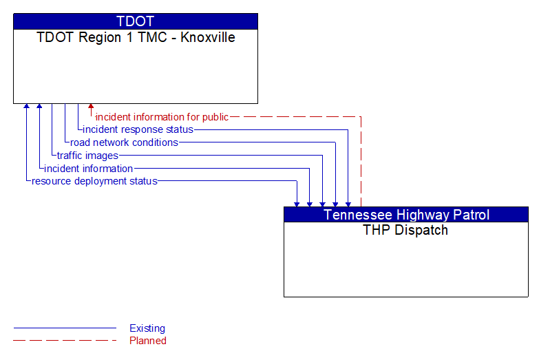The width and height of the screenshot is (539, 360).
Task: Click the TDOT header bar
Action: click(x=136, y=21)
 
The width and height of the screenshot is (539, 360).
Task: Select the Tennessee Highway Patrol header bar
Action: click(x=406, y=215)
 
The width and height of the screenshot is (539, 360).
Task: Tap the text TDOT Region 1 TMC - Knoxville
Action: click(x=136, y=37)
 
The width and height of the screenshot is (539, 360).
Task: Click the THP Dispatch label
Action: click(x=405, y=230)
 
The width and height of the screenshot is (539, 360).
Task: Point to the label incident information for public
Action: click(x=162, y=117)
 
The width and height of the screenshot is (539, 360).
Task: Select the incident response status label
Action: click(x=138, y=129)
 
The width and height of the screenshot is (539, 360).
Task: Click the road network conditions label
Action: click(x=124, y=142)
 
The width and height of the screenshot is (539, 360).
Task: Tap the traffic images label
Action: click(x=87, y=156)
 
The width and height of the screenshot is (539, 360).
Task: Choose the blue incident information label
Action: click(x=88, y=169)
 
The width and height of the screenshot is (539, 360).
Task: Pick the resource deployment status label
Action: click(x=94, y=181)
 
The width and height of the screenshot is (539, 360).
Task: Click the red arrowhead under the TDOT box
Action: click(x=91, y=107)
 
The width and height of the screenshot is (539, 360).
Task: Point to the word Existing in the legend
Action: click(x=147, y=328)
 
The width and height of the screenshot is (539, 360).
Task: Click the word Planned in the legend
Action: click(x=148, y=340)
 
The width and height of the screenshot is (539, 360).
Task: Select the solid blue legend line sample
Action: click(x=65, y=328)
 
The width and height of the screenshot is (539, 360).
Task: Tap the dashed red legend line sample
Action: click(x=65, y=340)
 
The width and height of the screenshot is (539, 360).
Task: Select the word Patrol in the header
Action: click(x=467, y=215)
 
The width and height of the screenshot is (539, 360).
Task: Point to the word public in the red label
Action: click(x=213, y=117)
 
